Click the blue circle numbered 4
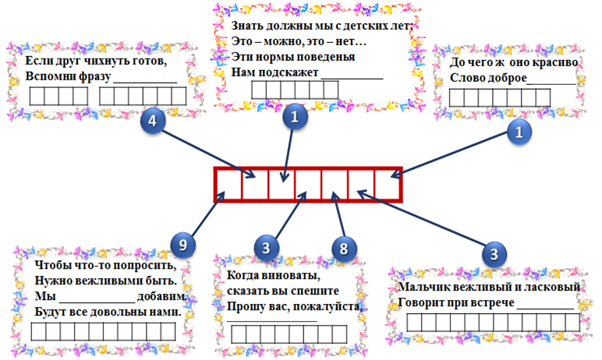154,122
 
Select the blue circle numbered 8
344,248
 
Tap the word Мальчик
421,288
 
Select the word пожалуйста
330,306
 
